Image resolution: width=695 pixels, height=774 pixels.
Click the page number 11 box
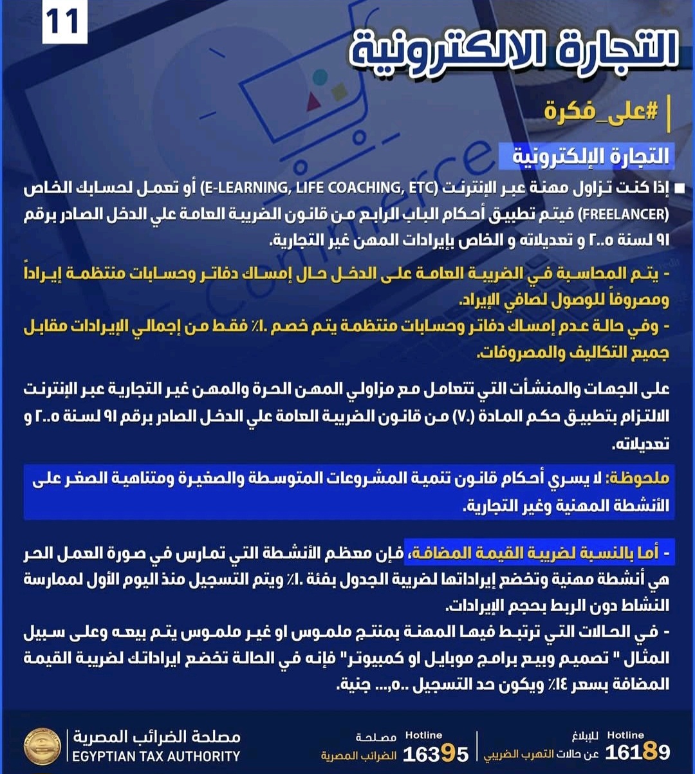[x=64, y=23]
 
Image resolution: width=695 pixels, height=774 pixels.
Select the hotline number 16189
[x=638, y=752]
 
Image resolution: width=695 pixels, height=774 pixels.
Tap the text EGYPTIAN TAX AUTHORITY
[x=156, y=757]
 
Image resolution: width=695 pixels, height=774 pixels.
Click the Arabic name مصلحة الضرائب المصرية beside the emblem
[x=156, y=737]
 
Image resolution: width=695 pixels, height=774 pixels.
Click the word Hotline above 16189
[x=625, y=735]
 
